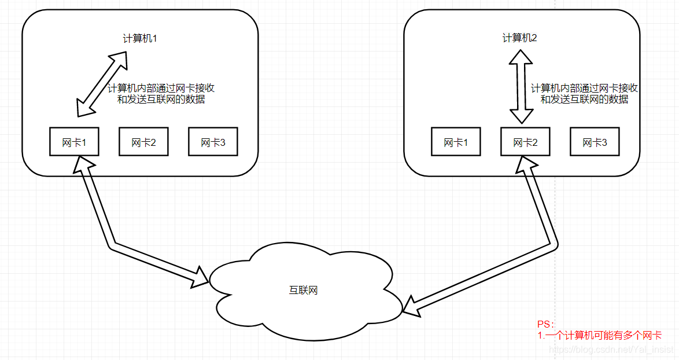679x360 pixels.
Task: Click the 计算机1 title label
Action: click(x=140, y=38)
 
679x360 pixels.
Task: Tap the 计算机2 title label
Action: click(x=520, y=38)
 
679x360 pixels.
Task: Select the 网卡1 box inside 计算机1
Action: click(x=74, y=142)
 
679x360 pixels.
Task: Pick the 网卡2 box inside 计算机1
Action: click(x=143, y=142)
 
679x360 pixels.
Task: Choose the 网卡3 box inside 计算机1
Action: click(x=213, y=142)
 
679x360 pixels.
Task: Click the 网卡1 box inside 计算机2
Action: click(x=456, y=142)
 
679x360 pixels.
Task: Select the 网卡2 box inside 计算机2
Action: click(x=525, y=142)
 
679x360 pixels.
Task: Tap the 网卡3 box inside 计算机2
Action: click(x=595, y=142)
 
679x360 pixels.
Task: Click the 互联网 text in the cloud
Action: click(x=304, y=290)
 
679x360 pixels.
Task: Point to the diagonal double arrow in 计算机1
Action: click(x=103, y=84)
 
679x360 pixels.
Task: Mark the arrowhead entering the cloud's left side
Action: click(x=200, y=278)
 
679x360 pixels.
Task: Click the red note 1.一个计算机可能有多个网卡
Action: click(x=599, y=335)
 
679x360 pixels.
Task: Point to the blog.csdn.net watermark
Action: click(x=610, y=350)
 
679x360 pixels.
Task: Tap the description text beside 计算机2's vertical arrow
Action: click(x=584, y=94)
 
